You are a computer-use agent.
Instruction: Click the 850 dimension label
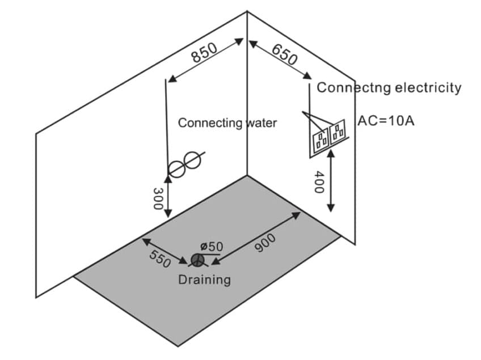click(x=204, y=53)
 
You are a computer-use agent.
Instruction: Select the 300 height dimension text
click(x=158, y=198)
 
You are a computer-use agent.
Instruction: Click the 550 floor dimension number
click(x=159, y=259)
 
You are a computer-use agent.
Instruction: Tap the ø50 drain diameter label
click(x=212, y=246)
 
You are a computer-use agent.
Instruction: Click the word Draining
click(x=204, y=279)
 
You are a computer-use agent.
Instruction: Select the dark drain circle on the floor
click(x=197, y=260)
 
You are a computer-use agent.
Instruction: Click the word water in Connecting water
click(x=261, y=122)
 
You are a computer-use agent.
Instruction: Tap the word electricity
click(x=427, y=88)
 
